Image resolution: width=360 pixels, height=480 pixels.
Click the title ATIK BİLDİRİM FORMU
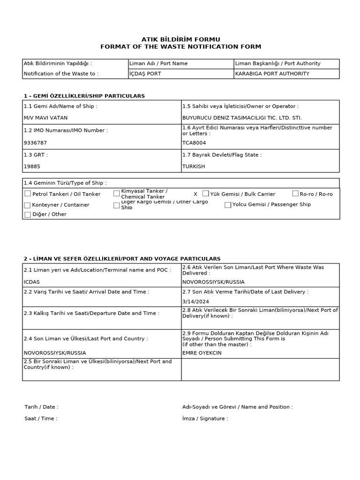tap(180, 39)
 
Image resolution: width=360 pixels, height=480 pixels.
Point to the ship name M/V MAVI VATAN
tap(45, 118)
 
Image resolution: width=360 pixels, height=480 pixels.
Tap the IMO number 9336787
tap(35, 142)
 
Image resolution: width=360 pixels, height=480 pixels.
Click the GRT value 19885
tap(32, 166)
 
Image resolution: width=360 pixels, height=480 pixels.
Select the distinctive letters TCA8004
tap(194, 142)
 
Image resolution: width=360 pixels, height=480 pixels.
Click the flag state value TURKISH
tap(194, 166)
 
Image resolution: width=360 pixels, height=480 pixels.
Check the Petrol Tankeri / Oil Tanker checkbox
tap(28, 194)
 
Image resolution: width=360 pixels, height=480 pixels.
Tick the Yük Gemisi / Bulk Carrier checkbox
tap(205, 194)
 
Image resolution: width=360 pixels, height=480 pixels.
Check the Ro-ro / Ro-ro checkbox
tap(295, 194)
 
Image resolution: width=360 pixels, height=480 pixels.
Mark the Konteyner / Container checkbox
tap(28, 205)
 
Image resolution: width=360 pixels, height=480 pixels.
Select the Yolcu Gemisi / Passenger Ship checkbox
tap(228, 205)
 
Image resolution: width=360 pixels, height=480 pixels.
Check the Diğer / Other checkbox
tap(28, 215)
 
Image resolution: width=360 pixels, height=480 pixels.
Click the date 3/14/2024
tap(196, 301)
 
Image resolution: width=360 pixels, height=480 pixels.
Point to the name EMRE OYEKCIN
tap(202, 353)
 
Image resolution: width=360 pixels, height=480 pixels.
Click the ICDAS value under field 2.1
tap(32, 282)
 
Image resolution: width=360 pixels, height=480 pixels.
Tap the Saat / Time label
tap(41, 419)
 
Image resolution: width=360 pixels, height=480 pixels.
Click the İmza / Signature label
tap(205, 419)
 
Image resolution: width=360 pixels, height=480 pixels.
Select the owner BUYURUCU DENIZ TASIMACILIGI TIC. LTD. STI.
tap(242, 118)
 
